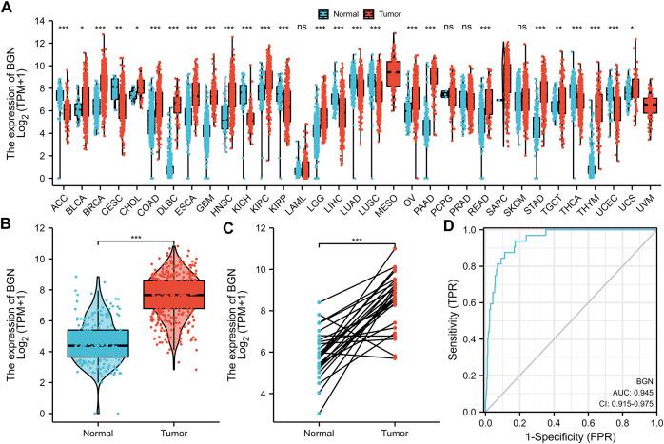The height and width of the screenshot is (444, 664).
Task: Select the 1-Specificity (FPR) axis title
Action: (x=568, y=436)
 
